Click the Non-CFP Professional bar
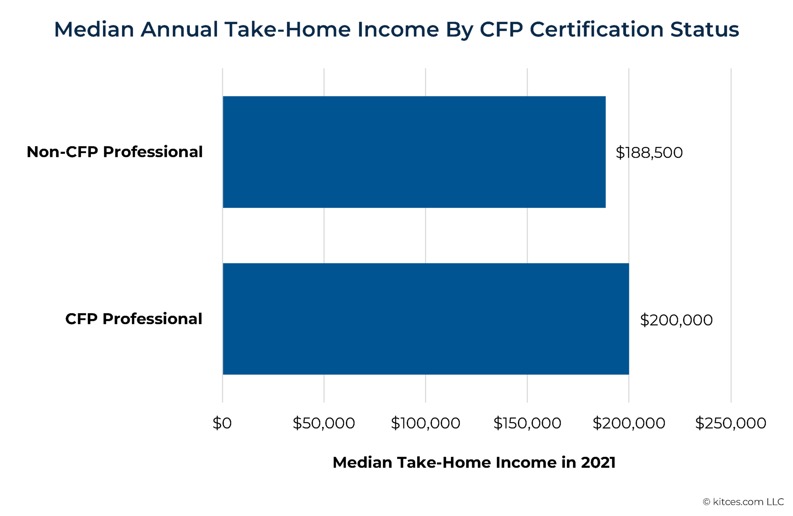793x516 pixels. click(x=414, y=152)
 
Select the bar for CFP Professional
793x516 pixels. click(x=425, y=319)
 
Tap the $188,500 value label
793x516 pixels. click(x=649, y=153)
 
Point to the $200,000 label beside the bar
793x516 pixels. click(x=676, y=320)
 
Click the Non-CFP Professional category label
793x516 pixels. click(x=115, y=152)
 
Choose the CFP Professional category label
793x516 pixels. click(x=134, y=319)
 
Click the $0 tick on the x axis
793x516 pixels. click(x=222, y=423)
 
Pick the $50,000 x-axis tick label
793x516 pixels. click(x=324, y=423)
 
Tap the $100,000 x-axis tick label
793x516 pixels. click(x=425, y=423)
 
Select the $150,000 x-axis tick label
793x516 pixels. click(x=527, y=423)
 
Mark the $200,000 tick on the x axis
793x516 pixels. click(x=628, y=423)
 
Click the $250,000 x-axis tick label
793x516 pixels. click(x=730, y=423)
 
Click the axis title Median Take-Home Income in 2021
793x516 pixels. click(x=474, y=462)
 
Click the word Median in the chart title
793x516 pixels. click(x=94, y=30)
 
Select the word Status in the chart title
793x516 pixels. click(x=705, y=30)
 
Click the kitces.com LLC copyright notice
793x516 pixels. click(x=743, y=502)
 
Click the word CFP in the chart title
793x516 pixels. click(x=501, y=30)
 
